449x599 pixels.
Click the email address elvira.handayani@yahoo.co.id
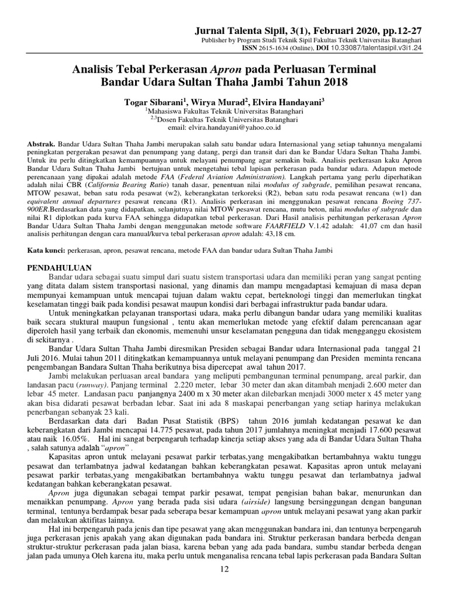pos(233,127)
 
